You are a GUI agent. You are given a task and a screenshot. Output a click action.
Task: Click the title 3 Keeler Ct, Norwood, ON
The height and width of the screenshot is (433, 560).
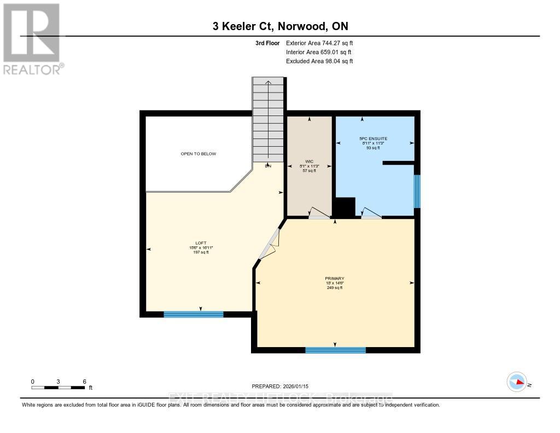point(280,26)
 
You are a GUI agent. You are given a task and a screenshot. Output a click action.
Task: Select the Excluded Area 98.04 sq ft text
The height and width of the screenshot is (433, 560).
point(319,61)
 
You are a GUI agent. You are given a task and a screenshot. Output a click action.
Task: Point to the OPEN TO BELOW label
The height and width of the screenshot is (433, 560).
point(199,154)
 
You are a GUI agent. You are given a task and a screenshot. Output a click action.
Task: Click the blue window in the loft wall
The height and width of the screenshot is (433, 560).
point(194,314)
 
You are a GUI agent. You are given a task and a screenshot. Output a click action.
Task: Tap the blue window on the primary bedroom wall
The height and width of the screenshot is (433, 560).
point(335,350)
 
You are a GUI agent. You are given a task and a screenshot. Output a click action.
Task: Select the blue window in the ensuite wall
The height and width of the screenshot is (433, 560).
point(417,191)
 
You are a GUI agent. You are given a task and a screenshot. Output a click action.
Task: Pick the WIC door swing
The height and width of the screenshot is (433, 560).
point(316,213)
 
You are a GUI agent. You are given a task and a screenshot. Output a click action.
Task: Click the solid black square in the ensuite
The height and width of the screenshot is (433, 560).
point(345,207)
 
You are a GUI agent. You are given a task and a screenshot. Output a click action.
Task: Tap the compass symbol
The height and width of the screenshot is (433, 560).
point(516,382)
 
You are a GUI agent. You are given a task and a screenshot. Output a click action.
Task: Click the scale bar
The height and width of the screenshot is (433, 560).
point(58,388)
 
